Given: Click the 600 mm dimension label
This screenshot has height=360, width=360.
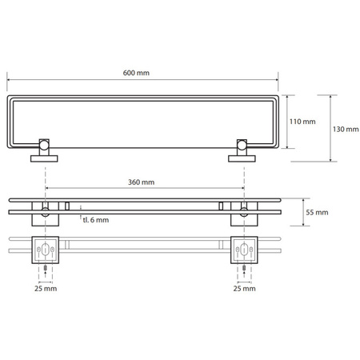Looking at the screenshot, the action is coord(136,73).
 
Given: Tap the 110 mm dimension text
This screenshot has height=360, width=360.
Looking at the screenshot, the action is coord(302,122).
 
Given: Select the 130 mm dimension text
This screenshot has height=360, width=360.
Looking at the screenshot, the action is coord(346,130).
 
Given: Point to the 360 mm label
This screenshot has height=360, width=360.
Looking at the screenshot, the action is coord(141,182).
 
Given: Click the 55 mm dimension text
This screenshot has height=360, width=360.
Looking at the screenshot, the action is coord(317,212).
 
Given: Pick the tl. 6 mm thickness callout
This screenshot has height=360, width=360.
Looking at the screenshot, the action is coord(96,220).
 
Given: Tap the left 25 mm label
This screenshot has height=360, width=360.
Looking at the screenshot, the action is coord(46,288).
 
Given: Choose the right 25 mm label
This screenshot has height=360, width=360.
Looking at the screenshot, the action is coord(244,288).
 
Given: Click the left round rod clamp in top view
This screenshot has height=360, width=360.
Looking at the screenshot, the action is coord(44,145).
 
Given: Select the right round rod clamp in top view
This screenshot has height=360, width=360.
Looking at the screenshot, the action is coord(242,145).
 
